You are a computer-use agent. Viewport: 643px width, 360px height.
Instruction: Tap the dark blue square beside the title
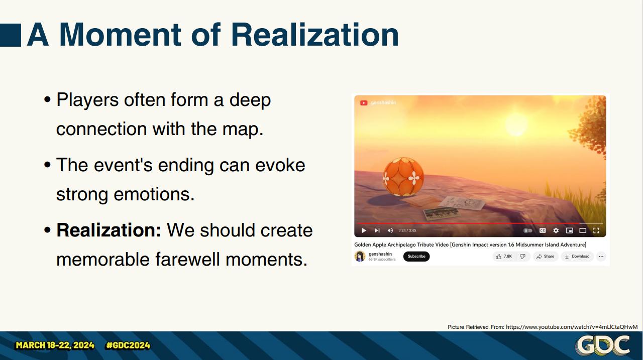click(x=11, y=35)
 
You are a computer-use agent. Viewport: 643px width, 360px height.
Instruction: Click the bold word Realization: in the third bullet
click(x=109, y=230)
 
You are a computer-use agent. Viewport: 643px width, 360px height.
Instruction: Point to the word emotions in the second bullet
click(x=154, y=194)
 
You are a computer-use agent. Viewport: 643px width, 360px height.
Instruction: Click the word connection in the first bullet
click(x=101, y=129)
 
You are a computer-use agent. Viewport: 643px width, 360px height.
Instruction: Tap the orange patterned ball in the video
click(x=403, y=177)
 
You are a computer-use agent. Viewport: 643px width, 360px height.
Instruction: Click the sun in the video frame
click(x=516, y=124)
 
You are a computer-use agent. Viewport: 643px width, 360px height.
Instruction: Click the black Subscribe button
click(x=416, y=256)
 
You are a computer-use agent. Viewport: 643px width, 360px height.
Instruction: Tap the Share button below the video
click(x=546, y=256)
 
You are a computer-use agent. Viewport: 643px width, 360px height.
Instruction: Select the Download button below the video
click(x=577, y=256)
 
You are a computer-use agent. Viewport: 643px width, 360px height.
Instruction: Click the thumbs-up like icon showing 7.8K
click(x=499, y=257)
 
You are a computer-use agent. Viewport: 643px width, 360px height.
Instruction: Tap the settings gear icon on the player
click(x=556, y=230)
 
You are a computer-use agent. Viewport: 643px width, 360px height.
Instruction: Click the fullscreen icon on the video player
click(x=596, y=230)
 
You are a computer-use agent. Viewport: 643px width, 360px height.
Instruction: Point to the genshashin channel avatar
click(x=360, y=256)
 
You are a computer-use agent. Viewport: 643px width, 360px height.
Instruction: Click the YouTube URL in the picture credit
click(x=572, y=327)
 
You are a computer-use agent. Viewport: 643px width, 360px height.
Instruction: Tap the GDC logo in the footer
click(x=602, y=345)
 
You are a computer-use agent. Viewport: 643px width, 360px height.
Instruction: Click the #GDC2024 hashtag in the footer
click(x=128, y=345)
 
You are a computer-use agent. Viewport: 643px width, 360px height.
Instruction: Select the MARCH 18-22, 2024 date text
click(x=55, y=345)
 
